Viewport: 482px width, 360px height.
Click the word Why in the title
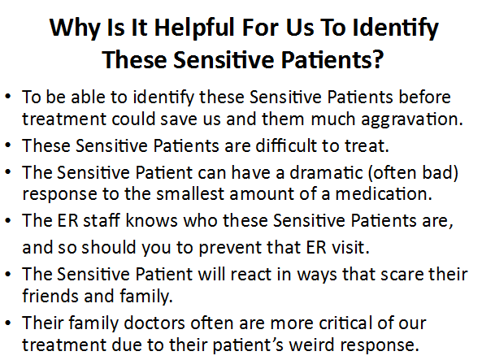(x=75, y=28)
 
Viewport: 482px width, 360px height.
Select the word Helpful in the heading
(x=194, y=27)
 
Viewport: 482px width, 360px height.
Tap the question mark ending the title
(x=378, y=59)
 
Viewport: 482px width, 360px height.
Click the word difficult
(x=286, y=145)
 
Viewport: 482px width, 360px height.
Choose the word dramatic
(x=327, y=172)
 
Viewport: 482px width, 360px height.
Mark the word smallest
(x=190, y=193)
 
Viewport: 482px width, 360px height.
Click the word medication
(x=384, y=193)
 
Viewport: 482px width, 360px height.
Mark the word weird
(x=311, y=345)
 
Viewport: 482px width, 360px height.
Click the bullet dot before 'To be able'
(x=8, y=97)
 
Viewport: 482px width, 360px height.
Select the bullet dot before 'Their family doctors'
(x=8, y=323)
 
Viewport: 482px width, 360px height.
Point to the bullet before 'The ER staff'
(x=8, y=220)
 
